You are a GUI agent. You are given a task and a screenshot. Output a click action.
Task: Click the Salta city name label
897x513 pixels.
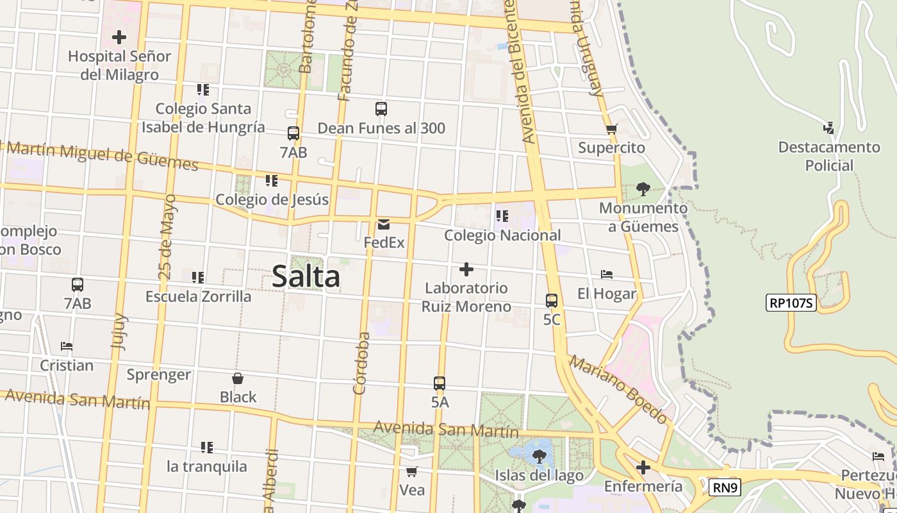pos(306,277)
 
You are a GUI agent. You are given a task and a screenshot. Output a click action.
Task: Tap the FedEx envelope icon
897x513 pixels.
pos(384,224)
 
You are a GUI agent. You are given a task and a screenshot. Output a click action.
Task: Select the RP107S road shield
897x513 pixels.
pos(791,303)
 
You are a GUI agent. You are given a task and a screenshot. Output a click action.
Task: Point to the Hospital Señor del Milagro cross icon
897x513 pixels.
pos(119,37)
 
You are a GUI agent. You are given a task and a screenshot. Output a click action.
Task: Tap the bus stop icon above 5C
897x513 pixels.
pos(551,300)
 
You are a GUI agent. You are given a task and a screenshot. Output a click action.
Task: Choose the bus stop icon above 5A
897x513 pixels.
pos(439,383)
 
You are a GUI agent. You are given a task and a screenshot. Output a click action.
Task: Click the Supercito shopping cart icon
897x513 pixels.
pos(611,129)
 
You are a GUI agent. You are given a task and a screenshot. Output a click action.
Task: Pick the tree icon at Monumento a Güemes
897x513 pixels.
pos(643,189)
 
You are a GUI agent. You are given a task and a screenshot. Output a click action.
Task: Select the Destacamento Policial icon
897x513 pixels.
pos(829,128)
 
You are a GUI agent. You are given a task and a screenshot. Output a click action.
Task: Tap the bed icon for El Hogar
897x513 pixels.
pos(606,274)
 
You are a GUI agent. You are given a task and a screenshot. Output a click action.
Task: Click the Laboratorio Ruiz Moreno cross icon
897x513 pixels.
pos(466,269)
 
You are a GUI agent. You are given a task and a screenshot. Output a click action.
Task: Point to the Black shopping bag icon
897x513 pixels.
pos(238,378)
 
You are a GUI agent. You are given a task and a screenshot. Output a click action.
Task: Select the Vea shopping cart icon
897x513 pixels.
pos(411,471)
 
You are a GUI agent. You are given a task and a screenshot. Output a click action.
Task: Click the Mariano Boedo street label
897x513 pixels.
pos(618,390)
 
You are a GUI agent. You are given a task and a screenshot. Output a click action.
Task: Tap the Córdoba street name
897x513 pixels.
pos(362,362)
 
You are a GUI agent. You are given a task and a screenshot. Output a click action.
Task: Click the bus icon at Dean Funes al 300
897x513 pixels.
pos(381,109)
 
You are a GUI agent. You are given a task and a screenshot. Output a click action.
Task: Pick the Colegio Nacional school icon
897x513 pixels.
pos(502,216)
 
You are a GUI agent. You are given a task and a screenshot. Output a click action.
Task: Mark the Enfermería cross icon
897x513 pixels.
pos(643,467)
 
